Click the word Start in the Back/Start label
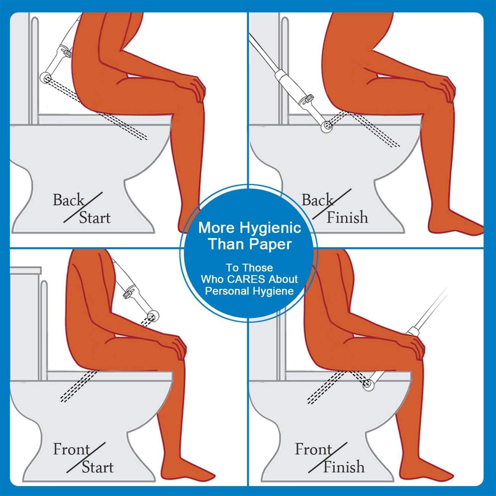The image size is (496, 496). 95,218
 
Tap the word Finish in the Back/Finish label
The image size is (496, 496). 347,217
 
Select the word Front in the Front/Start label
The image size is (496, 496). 71,449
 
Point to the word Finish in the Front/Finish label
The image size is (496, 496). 344,467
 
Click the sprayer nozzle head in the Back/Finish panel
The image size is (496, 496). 327,126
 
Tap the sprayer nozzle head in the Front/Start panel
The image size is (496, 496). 153,316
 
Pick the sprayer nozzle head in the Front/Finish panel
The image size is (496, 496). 369,385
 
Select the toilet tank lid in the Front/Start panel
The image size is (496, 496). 26,270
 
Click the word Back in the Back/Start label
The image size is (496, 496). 68,200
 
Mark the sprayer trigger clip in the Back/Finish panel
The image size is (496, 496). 308,98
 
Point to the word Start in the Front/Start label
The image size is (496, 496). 98,467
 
